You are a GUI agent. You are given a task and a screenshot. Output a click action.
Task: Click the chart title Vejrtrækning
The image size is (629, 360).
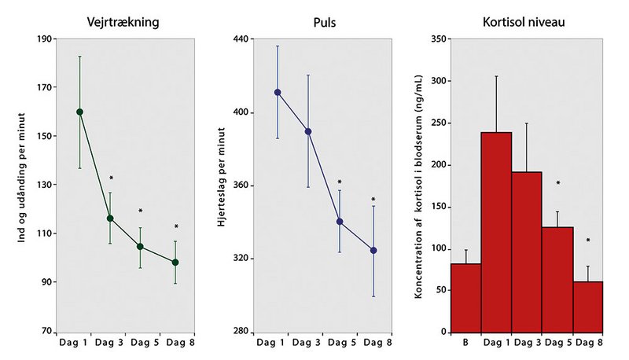pos(129,22)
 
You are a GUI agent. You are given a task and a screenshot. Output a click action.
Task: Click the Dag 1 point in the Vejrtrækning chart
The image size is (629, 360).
pos(80,112)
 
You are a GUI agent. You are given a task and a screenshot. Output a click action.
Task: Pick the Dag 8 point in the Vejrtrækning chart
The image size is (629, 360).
pos(175,262)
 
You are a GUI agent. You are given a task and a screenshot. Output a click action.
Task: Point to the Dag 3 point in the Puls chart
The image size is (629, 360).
pos(308,131)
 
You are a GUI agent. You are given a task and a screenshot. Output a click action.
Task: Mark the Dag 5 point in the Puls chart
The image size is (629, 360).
pos(340,222)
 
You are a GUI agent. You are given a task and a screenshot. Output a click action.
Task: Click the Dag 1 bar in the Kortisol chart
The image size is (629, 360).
pos(496,232)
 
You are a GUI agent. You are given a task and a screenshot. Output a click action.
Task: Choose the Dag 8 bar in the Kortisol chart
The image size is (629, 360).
pos(589,306)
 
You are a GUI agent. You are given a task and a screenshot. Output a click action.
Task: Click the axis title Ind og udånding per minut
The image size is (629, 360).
pos(21,186)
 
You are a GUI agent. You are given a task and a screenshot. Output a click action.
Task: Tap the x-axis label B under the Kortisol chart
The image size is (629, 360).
pos(465,343)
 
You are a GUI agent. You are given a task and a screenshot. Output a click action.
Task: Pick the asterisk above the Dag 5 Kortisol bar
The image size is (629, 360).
pos(557,184)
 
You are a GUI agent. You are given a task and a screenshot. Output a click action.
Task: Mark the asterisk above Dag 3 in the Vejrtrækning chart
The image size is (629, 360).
pos(112,178)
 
